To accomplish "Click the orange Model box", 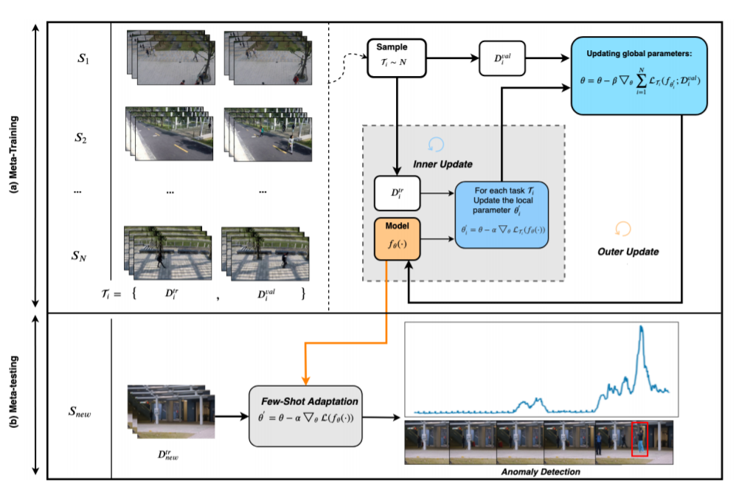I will point(397,238).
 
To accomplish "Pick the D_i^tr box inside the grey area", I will point(397,193).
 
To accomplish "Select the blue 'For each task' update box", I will point(501,214).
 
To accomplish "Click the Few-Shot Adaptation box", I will point(305,415).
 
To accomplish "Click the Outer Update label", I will point(628,252).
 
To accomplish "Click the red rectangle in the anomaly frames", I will point(639,440).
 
